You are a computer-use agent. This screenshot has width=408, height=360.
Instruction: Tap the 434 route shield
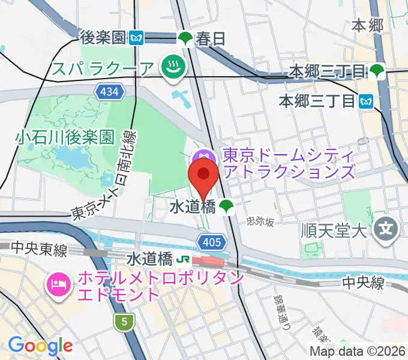[x=110, y=92]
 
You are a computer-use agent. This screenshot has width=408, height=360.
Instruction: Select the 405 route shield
[x=212, y=242]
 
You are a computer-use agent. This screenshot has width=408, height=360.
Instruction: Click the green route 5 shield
[x=124, y=322]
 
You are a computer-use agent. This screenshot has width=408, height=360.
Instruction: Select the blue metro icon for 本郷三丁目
[x=365, y=102]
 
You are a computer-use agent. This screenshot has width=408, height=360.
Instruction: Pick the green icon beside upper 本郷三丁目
[x=377, y=71]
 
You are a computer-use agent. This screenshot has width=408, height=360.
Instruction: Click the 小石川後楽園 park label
[x=65, y=137]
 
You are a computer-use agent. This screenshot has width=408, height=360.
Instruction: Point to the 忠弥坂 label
[x=260, y=222]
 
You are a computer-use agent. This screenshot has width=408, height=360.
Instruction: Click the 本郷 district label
[x=368, y=25]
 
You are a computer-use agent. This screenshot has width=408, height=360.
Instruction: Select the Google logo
[x=40, y=345]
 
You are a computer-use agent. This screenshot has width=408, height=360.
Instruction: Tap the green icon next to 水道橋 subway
[x=226, y=207]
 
